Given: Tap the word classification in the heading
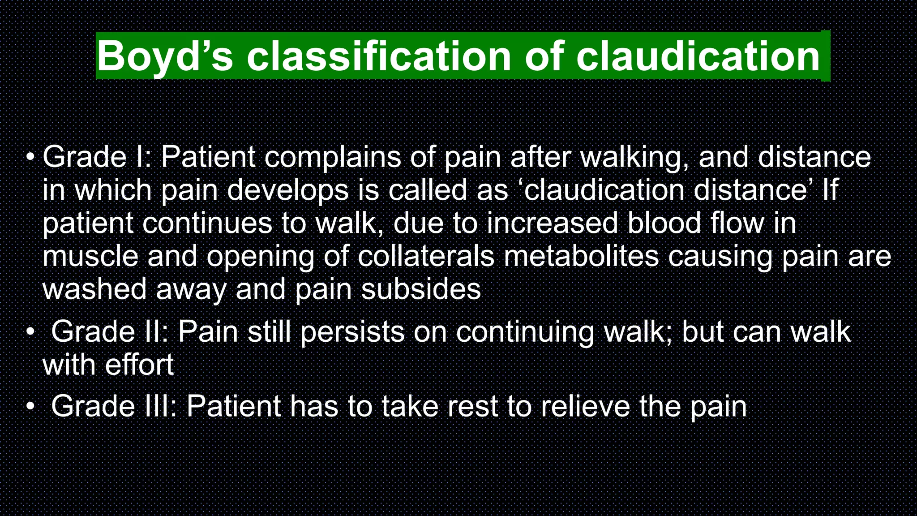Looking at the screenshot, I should coord(379,56).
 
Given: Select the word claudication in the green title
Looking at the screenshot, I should coord(698,56).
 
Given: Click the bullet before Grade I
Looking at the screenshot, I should coord(30,157).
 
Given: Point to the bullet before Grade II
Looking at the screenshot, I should coord(30,332).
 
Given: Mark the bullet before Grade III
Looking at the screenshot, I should coord(30,406).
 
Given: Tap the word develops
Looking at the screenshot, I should coord(288,190).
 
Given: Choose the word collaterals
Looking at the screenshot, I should coord(426,257).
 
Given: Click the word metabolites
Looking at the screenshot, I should coord(581,257).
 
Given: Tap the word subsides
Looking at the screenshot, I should coord(421,290).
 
